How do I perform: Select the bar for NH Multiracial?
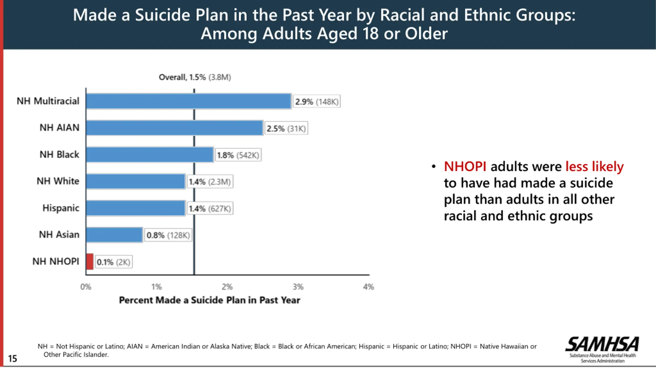point(189,101)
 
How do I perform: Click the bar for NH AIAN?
point(175,128)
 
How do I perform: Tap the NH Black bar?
point(150,155)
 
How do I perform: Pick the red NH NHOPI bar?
point(90,261)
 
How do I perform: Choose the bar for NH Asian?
point(114,235)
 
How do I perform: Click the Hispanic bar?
point(136,208)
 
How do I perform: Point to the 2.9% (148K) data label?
point(316,102)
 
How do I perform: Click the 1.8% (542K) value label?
point(238,155)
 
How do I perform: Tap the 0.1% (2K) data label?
point(114,262)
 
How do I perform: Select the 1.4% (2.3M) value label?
point(210,182)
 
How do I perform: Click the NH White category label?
point(58,181)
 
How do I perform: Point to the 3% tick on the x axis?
point(298,287)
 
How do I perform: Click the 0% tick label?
point(86,287)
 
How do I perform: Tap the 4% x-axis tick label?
point(368,287)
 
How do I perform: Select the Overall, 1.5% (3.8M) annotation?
point(195,77)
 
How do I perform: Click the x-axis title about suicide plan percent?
point(209,300)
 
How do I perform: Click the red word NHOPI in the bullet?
point(465,167)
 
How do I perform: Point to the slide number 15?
point(12,358)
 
